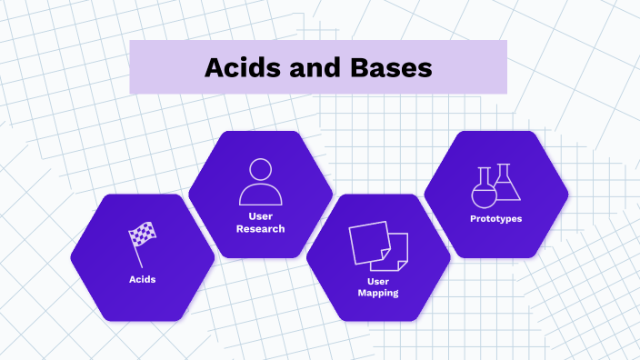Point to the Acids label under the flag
pos(142,279)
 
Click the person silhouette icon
pos(261,182)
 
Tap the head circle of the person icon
pos(261,170)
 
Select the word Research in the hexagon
pos(261,229)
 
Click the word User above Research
pos(261,216)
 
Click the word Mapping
pos(378,294)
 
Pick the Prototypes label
pos(495,219)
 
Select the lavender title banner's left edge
pos(132,67)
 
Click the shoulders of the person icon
pos(261,195)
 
